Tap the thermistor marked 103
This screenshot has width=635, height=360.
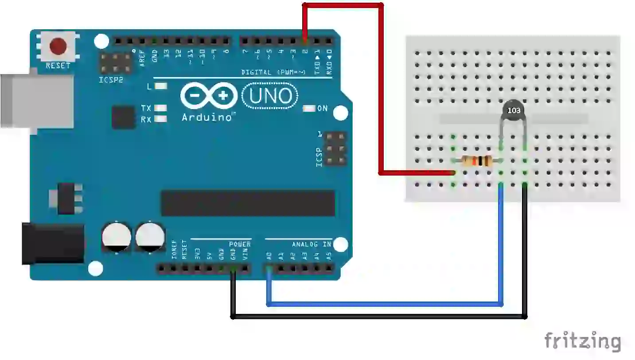pos(513,111)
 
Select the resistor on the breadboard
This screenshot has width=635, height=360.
pos(477,161)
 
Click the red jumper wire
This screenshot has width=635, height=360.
pos(381,89)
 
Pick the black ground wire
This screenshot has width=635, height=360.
pos(377,317)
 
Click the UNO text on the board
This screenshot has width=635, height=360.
pos(271,96)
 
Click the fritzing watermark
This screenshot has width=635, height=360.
pos(582,341)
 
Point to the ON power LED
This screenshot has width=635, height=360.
pos(308,108)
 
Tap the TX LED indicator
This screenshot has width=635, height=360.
pos(161,108)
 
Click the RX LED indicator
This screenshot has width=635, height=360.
pos(161,119)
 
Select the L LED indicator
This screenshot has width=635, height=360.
pos(161,86)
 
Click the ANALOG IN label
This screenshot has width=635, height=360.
pos(311,244)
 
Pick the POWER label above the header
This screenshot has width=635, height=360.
pos(240,244)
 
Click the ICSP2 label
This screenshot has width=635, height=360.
pos(111,80)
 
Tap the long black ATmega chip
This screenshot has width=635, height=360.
pos(248,203)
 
